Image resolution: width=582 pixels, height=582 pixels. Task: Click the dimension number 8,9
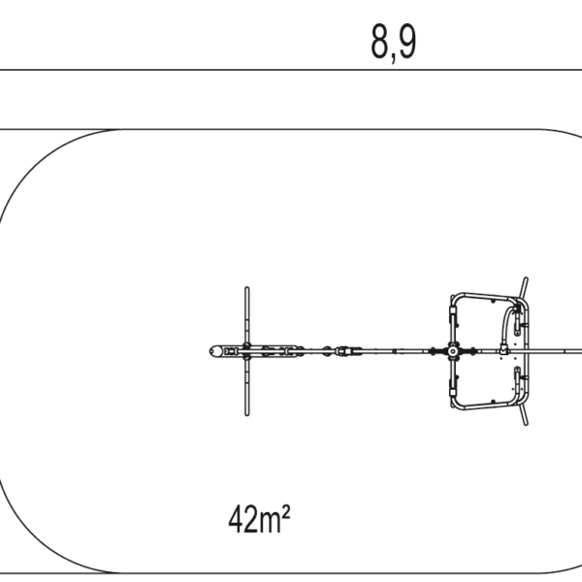point(394,43)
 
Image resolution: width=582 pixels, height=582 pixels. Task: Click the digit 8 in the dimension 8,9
point(379,41)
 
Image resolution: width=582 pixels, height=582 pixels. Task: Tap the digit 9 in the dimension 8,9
point(407,41)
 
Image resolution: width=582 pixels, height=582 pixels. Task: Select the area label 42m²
point(259,519)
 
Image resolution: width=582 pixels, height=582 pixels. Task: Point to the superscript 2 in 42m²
point(286,511)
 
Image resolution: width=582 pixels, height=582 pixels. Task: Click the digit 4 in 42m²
point(235,519)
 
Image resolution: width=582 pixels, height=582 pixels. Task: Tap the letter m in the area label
point(269,523)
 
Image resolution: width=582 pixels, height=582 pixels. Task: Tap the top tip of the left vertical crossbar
point(246,288)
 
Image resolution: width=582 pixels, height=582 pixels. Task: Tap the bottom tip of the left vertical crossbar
point(246,414)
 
